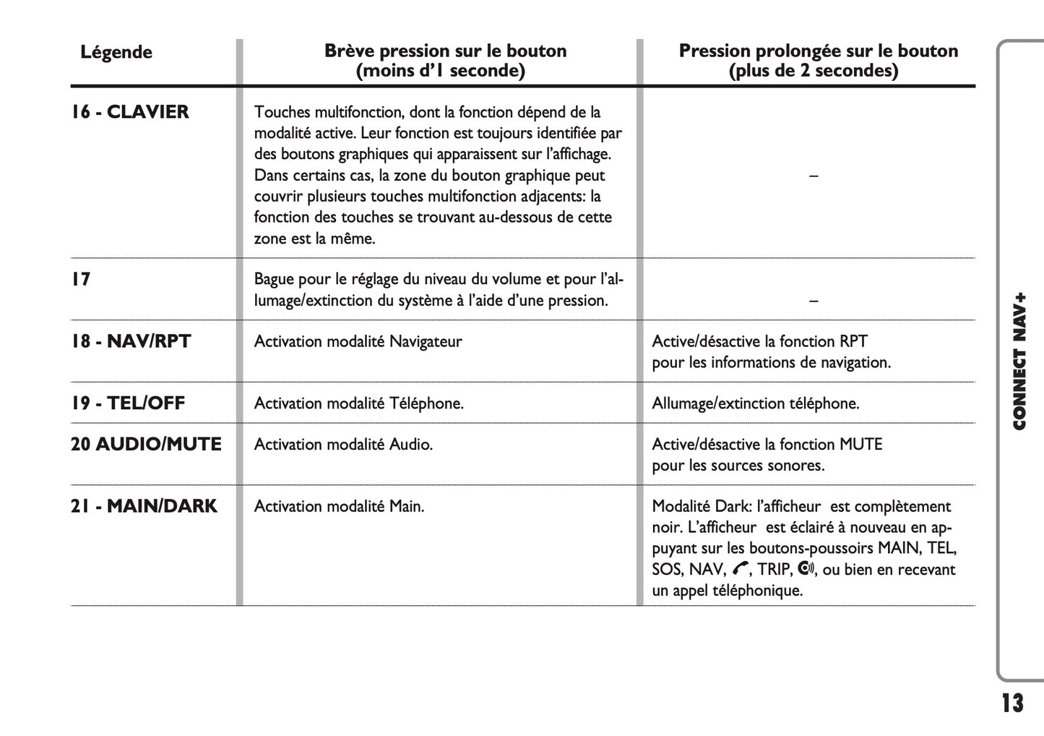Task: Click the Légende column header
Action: click(x=116, y=52)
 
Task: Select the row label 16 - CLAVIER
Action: click(x=130, y=112)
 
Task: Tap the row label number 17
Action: click(x=81, y=279)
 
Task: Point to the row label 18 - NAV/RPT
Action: click(x=131, y=341)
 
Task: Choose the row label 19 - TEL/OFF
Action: click(x=128, y=403)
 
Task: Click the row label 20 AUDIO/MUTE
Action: click(x=146, y=445)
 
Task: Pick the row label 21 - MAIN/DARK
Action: click(x=144, y=506)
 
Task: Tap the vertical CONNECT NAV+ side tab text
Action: click(x=1019, y=361)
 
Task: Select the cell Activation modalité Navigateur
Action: click(x=358, y=341)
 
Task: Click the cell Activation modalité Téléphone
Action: click(x=358, y=403)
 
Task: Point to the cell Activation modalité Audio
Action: click(x=343, y=445)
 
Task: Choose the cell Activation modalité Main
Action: click(x=339, y=506)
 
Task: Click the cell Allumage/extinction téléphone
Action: click(x=756, y=403)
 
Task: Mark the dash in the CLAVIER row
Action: click(x=814, y=176)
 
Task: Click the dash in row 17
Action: click(x=814, y=300)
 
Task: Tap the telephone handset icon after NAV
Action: click(x=740, y=570)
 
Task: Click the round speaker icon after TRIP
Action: click(x=806, y=569)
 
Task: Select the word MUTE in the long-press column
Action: click(x=860, y=445)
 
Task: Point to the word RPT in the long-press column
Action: click(x=853, y=341)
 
